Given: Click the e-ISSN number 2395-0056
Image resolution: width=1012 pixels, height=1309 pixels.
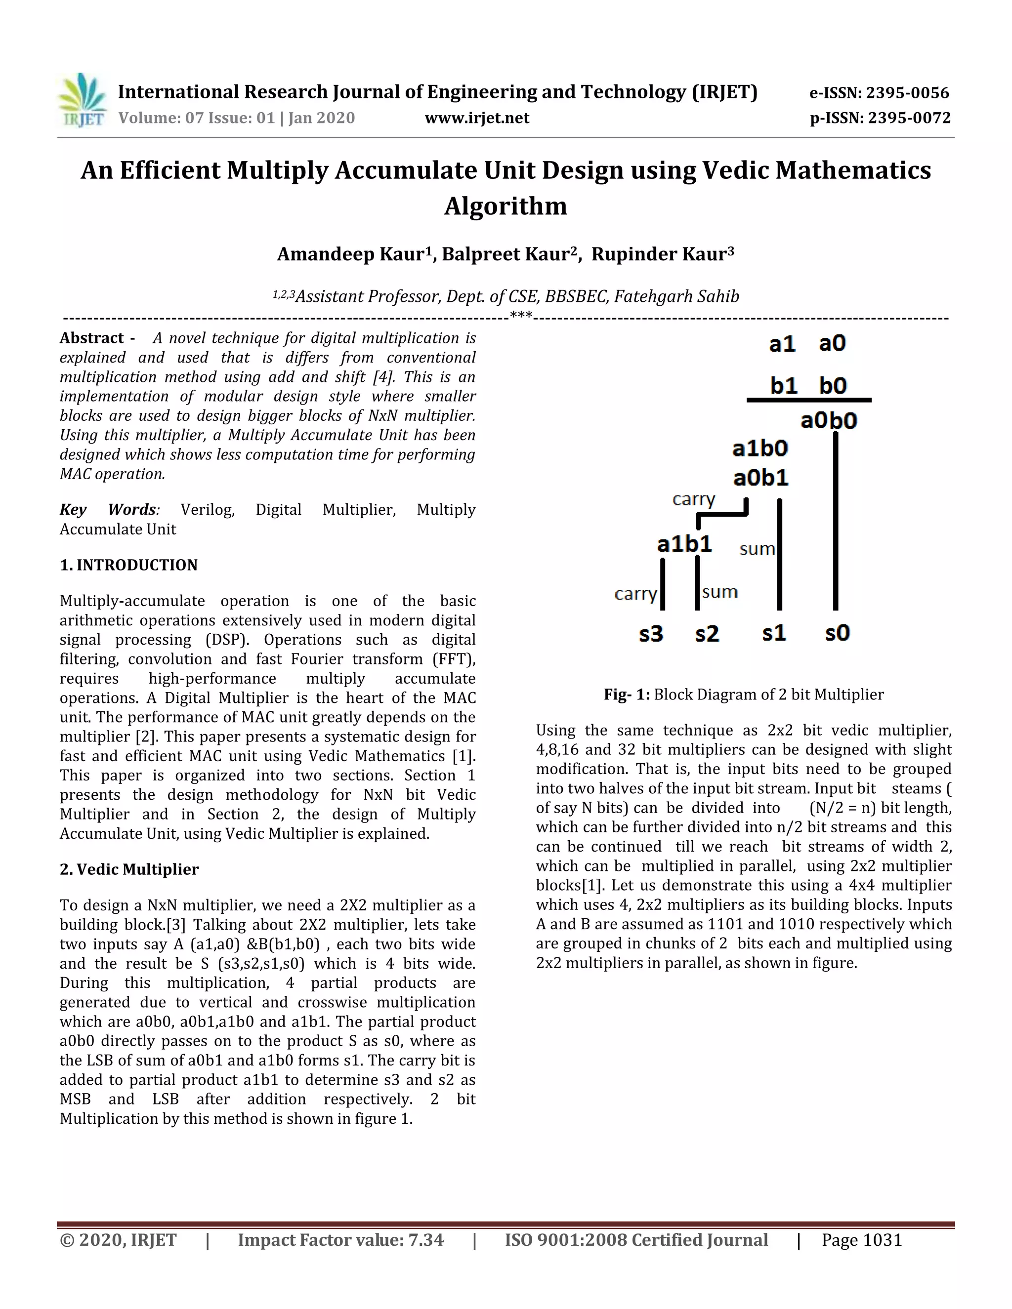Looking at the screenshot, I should (908, 93).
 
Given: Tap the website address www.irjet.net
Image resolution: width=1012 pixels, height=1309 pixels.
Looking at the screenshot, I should (477, 118).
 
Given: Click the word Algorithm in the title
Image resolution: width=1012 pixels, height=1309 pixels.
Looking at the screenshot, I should (506, 206).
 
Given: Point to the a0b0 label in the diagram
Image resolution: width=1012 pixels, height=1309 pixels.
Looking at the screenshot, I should (829, 421).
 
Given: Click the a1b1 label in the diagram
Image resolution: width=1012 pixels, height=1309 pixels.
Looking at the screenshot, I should (685, 544).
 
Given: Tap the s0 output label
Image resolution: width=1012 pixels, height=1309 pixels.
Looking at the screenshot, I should (838, 633).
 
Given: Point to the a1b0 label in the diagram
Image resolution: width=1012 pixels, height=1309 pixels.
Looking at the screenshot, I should (759, 449).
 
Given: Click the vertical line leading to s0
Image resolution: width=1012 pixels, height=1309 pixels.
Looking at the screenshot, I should (836, 522).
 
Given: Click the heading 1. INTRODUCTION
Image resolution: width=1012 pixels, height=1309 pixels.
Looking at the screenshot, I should (128, 565).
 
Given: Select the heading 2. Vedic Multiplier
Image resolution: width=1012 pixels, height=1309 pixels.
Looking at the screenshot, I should (129, 870).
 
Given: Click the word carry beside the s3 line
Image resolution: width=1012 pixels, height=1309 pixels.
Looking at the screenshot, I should (635, 594).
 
